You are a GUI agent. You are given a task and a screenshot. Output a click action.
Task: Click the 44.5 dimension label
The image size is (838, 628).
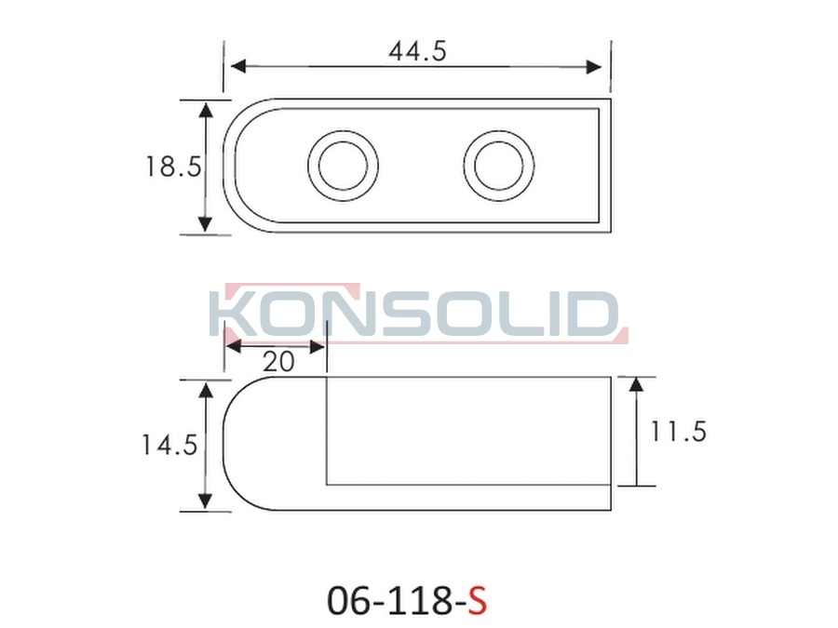point(417,52)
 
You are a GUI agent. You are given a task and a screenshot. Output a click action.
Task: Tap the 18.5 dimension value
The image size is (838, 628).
point(174,167)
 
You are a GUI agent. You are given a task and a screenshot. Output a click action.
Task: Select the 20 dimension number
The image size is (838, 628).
point(278,362)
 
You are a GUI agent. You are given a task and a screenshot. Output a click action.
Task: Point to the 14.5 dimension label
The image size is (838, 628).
point(169,445)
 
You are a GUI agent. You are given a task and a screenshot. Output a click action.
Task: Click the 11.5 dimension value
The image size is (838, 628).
point(678,432)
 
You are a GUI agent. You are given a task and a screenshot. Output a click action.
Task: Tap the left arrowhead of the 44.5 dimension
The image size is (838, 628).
point(238,66)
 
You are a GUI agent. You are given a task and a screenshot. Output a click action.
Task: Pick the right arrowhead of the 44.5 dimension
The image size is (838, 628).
point(594,67)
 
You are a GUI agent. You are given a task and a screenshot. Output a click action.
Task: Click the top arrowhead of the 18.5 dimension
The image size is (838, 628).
point(206,110)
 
